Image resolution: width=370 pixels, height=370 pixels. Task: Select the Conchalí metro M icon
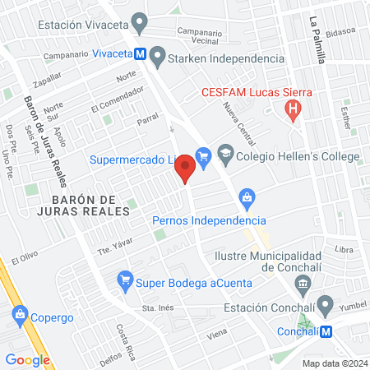[326, 331]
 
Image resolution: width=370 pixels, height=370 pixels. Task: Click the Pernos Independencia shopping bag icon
[245, 198]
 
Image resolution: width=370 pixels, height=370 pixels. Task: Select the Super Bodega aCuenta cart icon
[125, 279]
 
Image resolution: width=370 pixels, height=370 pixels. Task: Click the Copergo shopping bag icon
[18, 313]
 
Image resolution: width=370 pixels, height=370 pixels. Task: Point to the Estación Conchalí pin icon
[326, 306]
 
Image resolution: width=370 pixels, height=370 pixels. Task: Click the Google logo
[27, 359]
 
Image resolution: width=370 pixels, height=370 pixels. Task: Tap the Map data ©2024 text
[333, 363]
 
